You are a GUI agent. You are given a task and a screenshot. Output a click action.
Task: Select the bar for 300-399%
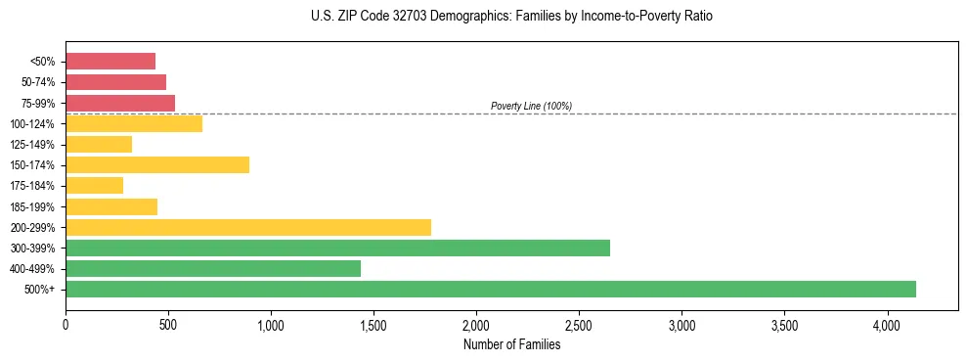tap(337, 248)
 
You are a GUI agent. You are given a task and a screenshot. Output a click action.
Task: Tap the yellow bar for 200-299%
tap(248, 227)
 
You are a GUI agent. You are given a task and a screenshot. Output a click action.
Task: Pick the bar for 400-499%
tap(213, 268)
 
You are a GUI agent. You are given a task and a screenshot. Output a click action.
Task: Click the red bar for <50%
tap(110, 62)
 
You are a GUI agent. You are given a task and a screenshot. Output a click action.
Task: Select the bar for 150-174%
tap(157, 164)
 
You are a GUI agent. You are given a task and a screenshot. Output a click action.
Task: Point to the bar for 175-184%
tap(95, 185)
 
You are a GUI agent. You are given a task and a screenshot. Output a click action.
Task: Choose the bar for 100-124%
tap(134, 123)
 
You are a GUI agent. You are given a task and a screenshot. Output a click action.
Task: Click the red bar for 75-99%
tap(120, 103)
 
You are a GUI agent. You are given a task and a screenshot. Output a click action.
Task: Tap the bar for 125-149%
tap(99, 144)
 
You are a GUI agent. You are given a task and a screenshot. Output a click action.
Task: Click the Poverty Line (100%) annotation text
tap(531, 106)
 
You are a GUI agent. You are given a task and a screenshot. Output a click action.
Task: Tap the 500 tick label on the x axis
tap(168, 324)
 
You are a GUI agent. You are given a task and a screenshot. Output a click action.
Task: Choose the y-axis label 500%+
tap(44, 289)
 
